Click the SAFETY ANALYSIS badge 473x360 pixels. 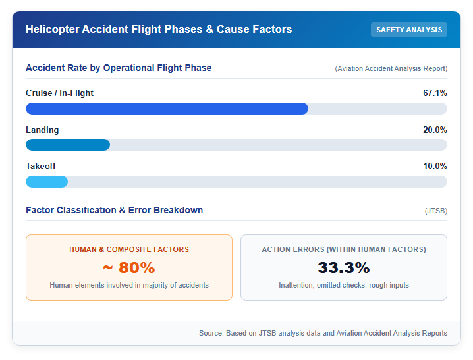click(x=408, y=30)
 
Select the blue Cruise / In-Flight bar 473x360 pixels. click(x=167, y=109)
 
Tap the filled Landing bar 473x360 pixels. click(x=68, y=145)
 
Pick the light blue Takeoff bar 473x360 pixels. click(x=47, y=182)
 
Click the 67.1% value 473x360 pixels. click(x=435, y=93)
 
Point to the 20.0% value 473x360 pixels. click(x=435, y=130)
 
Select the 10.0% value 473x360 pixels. click(x=435, y=166)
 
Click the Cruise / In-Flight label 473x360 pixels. click(x=59, y=93)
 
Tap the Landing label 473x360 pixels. click(x=42, y=130)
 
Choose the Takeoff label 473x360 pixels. click(x=41, y=166)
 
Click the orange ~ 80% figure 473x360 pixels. click(x=129, y=267)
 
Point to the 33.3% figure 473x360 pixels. click(x=344, y=267)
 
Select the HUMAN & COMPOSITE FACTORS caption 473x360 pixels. click(x=129, y=249)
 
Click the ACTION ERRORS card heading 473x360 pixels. click(x=344, y=249)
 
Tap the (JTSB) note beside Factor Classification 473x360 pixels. click(x=436, y=211)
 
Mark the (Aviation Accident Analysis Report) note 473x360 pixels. click(x=391, y=68)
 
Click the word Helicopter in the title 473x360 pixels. click(x=52, y=29)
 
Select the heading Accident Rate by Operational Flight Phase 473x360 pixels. click(x=119, y=68)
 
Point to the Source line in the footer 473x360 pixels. click(x=323, y=333)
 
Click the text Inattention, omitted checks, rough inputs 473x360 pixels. click(x=344, y=285)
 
